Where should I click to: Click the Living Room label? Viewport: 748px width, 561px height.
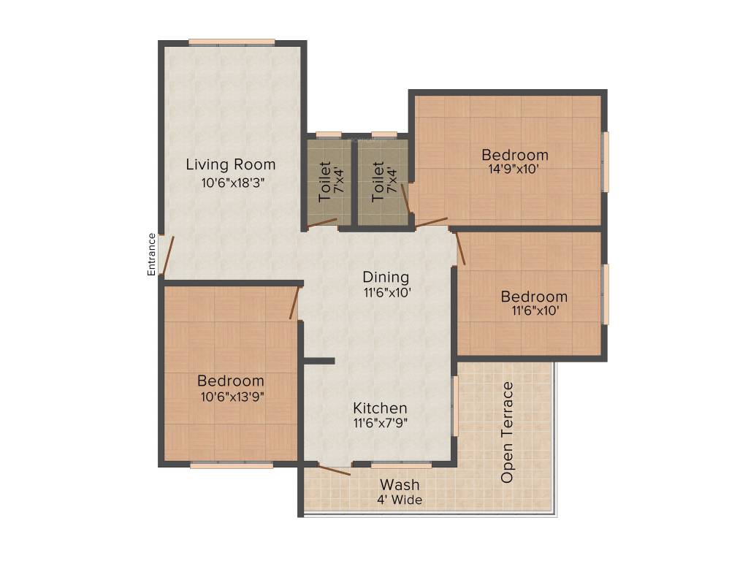[230, 164]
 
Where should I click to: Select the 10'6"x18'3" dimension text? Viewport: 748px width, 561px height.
[232, 183]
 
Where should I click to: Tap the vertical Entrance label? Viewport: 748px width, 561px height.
[152, 253]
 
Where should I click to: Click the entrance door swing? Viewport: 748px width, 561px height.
[168, 256]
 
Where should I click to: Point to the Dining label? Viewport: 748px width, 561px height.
[386, 278]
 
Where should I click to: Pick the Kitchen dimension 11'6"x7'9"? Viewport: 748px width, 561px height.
[380, 423]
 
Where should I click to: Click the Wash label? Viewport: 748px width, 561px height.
[400, 485]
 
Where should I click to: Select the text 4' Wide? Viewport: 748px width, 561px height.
[400, 500]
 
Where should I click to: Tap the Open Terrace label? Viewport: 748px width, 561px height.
[507, 432]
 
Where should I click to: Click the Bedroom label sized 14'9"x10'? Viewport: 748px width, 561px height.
[514, 155]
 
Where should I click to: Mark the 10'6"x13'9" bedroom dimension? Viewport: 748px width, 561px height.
[230, 397]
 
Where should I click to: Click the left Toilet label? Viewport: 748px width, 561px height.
[325, 181]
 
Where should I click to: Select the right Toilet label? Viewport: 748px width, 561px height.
[378, 181]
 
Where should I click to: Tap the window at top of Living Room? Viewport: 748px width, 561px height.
[232, 42]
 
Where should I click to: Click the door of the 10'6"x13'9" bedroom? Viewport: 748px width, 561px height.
[294, 302]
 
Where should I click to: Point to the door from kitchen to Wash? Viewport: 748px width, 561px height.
[334, 470]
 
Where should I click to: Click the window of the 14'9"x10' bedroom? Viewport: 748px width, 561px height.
[605, 161]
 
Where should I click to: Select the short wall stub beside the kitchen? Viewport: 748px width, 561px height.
[318, 360]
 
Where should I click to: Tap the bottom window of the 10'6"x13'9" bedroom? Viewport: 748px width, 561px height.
[232, 465]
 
